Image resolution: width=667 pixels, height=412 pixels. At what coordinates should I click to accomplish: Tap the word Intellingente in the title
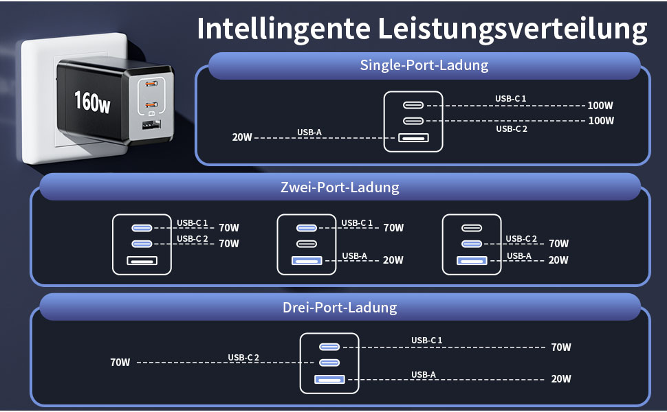click(x=282, y=29)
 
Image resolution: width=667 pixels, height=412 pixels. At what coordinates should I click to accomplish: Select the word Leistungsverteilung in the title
click(x=513, y=29)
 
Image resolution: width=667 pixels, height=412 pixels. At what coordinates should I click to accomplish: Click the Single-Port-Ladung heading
click(x=424, y=66)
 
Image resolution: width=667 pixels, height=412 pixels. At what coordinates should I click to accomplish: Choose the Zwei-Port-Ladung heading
click(x=340, y=187)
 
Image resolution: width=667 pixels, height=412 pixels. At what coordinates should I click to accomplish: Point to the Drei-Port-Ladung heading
click(x=340, y=307)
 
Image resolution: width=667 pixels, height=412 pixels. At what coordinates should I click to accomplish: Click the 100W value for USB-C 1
click(x=600, y=106)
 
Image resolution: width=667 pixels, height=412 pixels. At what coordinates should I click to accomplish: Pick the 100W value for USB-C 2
click(x=600, y=121)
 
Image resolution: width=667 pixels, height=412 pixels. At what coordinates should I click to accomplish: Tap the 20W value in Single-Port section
click(x=242, y=137)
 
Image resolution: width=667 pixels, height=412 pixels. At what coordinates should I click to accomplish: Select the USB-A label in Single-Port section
click(x=308, y=132)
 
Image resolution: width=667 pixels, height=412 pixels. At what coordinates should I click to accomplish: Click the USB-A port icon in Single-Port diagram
click(x=413, y=137)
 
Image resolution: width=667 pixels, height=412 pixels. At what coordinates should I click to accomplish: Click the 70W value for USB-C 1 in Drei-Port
click(x=560, y=347)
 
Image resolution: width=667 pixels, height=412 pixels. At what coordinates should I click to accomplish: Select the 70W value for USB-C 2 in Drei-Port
click(x=120, y=362)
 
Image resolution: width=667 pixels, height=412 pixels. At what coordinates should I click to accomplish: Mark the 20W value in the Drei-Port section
click(x=560, y=379)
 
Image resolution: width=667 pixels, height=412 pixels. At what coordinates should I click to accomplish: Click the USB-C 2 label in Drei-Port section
click(x=243, y=357)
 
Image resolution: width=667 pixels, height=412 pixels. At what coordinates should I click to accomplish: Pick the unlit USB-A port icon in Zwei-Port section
click(x=142, y=260)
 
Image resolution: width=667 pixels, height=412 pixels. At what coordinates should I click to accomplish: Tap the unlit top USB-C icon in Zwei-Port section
click(x=471, y=228)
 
